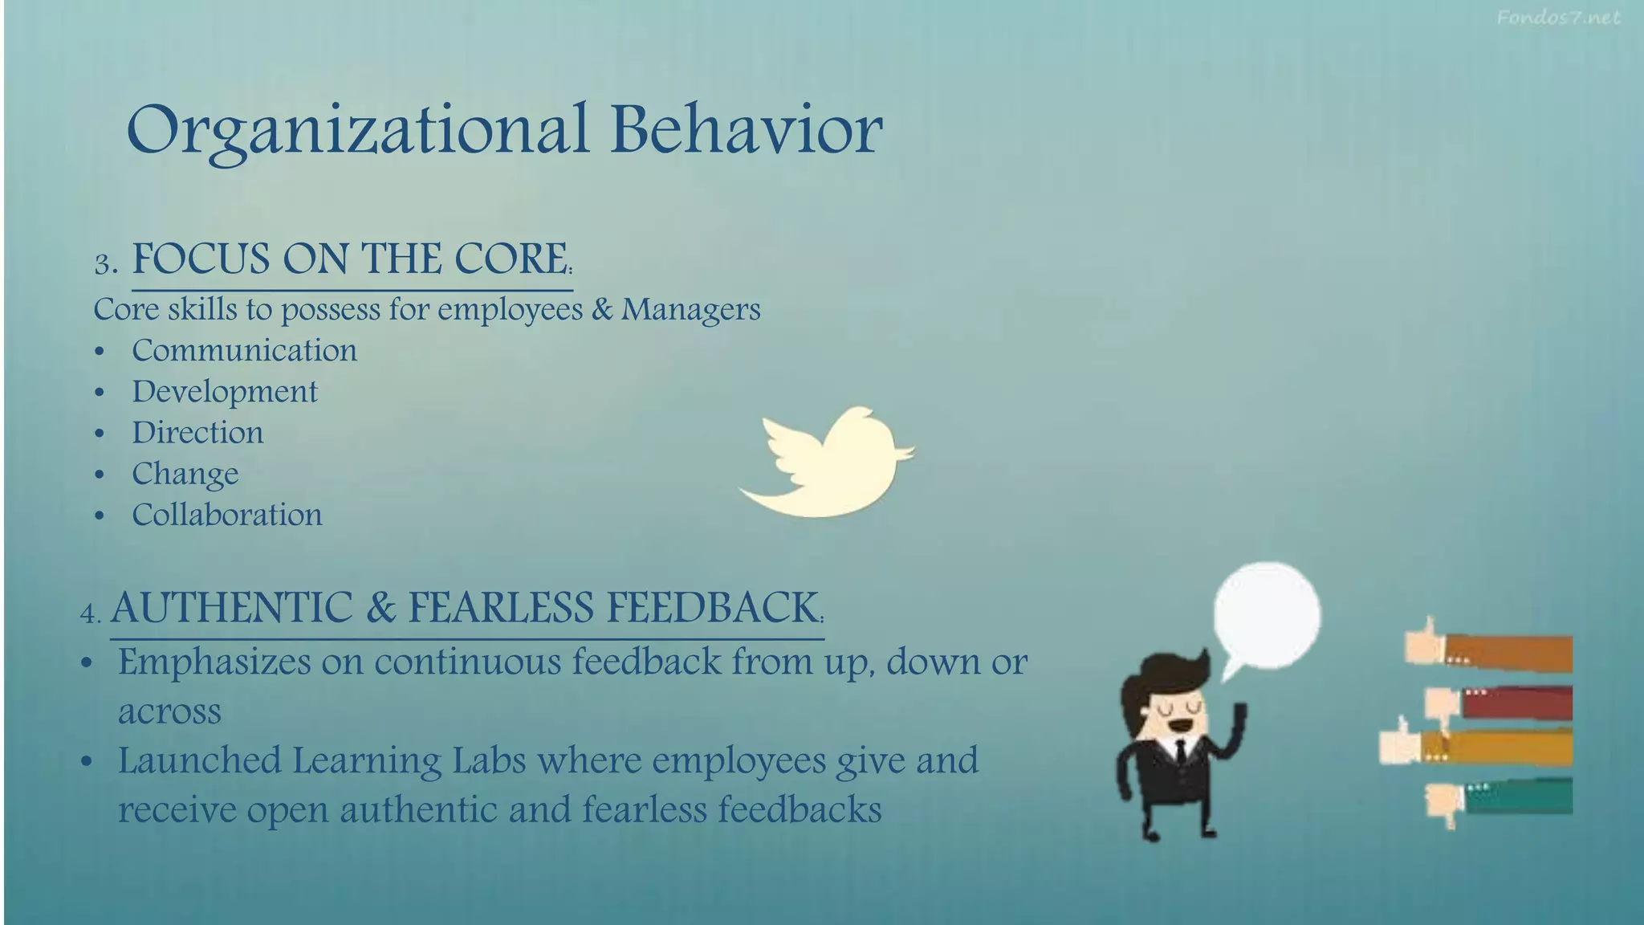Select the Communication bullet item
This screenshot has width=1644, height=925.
[x=244, y=351]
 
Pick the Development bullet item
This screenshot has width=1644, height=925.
[x=225, y=392]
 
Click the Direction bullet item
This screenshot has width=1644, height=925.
[x=197, y=433]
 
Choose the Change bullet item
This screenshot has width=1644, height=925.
[x=185, y=474]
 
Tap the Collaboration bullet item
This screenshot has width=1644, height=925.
[x=227, y=515]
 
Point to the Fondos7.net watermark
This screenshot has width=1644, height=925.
[x=1558, y=18]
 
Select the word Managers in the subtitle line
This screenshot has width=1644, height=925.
[x=690, y=309]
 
